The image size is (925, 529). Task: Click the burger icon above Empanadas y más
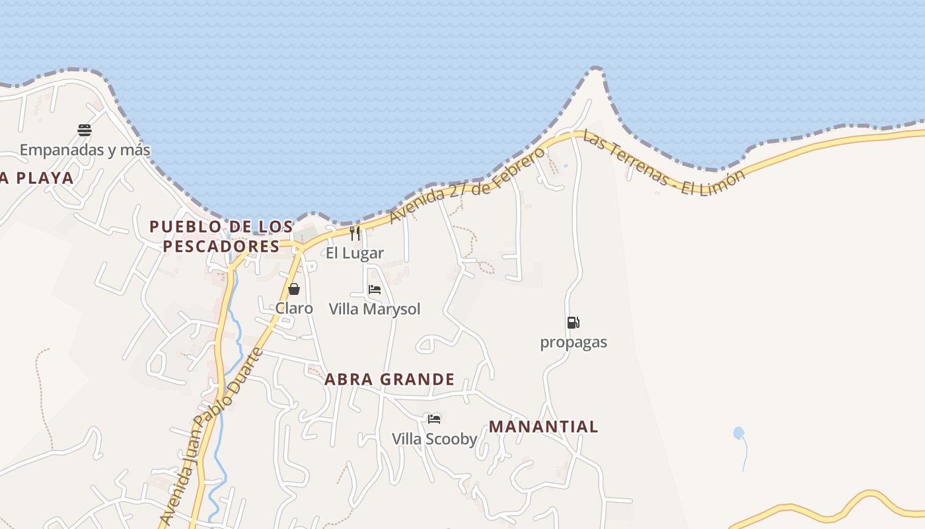pyautogui.click(x=85, y=130)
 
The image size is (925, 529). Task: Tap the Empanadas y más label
pyautogui.click(x=85, y=150)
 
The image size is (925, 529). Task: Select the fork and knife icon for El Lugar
pyautogui.click(x=355, y=233)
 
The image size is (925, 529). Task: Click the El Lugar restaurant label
pyautogui.click(x=355, y=253)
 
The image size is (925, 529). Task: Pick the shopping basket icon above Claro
pyautogui.click(x=294, y=289)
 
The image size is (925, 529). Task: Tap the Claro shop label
pyautogui.click(x=294, y=308)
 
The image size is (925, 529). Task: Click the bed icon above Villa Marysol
pyautogui.click(x=375, y=290)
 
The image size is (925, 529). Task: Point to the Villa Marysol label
pyautogui.click(x=375, y=309)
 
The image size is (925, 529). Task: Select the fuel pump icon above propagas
pyautogui.click(x=573, y=323)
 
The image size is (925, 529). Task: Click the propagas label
pyautogui.click(x=573, y=343)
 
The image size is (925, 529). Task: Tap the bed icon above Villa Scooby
pyautogui.click(x=434, y=419)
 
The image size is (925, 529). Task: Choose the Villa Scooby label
pyautogui.click(x=434, y=439)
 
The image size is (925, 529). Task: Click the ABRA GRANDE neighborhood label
pyautogui.click(x=389, y=380)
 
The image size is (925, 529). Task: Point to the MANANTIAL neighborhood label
pyautogui.click(x=543, y=427)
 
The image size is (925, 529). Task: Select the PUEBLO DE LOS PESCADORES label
pyautogui.click(x=221, y=237)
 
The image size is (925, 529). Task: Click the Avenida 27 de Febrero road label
pyautogui.click(x=468, y=185)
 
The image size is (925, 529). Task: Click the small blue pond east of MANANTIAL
pyautogui.click(x=739, y=433)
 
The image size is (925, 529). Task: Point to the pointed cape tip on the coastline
pyautogui.click(x=596, y=68)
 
